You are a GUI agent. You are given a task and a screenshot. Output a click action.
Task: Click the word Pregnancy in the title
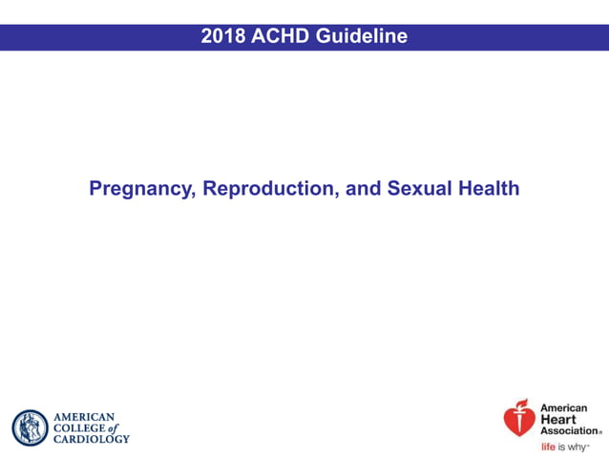point(140,189)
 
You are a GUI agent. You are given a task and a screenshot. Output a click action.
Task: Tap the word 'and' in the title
point(364,188)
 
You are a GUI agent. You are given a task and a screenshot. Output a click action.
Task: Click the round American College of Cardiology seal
point(30,427)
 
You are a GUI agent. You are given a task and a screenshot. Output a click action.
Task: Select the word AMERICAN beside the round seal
point(84,417)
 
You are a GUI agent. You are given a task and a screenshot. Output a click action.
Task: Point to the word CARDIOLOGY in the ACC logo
point(91,439)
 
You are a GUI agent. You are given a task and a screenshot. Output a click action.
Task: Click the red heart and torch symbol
point(519,417)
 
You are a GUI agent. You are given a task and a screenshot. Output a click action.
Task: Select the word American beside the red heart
point(564,408)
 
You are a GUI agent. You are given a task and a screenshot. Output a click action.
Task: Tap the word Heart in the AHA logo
point(558,420)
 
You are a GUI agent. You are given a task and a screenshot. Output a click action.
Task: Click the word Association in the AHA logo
point(569,431)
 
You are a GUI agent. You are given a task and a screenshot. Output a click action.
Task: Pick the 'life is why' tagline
point(564,446)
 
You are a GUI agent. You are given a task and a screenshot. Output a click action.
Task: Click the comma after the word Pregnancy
point(195,195)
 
